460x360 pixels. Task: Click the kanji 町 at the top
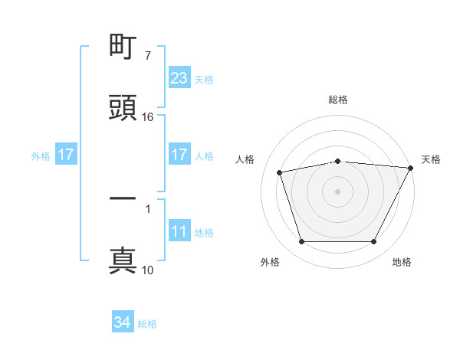click(123, 48)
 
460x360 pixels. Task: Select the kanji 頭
click(123, 108)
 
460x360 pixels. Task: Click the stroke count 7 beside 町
click(147, 56)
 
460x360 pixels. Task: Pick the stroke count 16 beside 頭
click(148, 117)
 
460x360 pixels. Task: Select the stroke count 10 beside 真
click(148, 270)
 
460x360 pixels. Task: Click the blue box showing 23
click(179, 78)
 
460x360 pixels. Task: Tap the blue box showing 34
click(123, 322)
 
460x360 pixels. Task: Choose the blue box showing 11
click(179, 231)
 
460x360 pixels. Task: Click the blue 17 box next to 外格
click(66, 155)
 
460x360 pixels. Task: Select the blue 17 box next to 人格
click(179, 155)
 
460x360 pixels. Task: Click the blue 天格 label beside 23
click(204, 79)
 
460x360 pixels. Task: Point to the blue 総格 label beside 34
click(148, 324)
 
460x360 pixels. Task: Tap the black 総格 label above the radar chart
click(338, 100)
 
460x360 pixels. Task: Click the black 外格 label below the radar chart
click(270, 262)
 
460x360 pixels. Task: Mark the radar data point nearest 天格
click(412, 168)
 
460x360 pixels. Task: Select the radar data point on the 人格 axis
click(280, 172)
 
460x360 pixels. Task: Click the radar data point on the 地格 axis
click(374, 242)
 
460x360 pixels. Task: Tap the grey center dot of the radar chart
click(338, 191)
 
